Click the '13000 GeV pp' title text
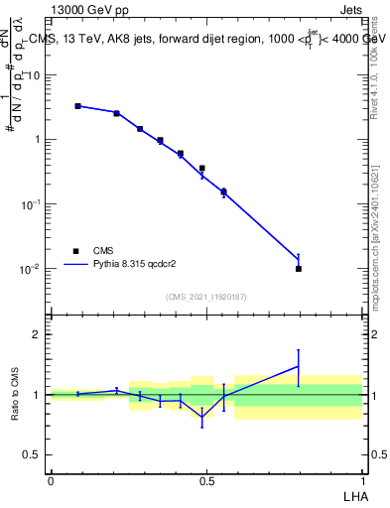click(x=87, y=9)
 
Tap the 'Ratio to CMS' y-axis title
click(x=16, y=394)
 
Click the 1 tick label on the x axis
click(x=363, y=481)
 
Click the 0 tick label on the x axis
click(x=51, y=481)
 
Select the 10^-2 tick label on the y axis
click(x=32, y=269)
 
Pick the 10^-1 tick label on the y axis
click(x=32, y=204)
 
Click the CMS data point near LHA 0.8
click(x=299, y=268)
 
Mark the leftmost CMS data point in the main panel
click(x=77, y=105)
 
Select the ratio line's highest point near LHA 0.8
click(x=299, y=366)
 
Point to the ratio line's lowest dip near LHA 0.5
click(x=202, y=418)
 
